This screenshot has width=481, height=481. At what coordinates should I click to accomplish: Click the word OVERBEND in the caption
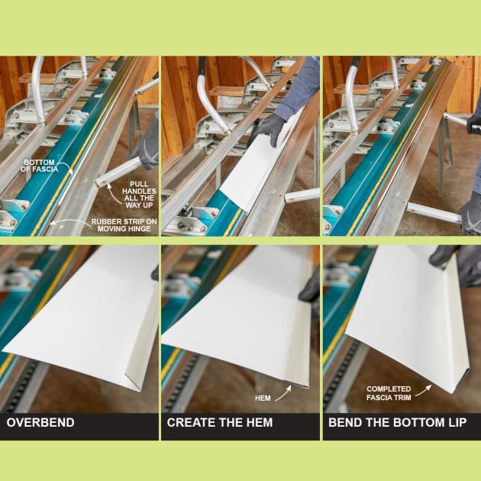pyautogui.click(x=40, y=422)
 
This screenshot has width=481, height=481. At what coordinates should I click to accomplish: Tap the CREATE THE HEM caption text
pyautogui.click(x=220, y=422)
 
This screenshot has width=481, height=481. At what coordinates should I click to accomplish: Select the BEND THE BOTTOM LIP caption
pyautogui.click(x=398, y=422)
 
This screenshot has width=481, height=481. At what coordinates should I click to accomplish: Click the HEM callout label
pyautogui.click(x=263, y=399)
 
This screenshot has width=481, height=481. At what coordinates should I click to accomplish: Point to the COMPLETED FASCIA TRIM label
pyautogui.click(x=389, y=393)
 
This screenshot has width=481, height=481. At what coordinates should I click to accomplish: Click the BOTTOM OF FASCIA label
pyautogui.click(x=39, y=166)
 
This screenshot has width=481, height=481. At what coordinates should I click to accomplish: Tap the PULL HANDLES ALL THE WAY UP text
pyautogui.click(x=139, y=195)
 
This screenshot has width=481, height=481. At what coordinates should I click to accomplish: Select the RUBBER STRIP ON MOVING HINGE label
pyautogui.click(x=124, y=225)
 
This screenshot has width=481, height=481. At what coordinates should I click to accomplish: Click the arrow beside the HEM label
pyautogui.click(x=283, y=393)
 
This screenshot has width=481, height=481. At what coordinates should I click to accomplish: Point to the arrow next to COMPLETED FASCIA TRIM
pyautogui.click(x=424, y=390)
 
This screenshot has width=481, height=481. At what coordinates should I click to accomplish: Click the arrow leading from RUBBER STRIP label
pyautogui.click(x=69, y=221)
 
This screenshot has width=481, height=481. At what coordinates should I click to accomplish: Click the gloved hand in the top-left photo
pyautogui.click(x=148, y=144)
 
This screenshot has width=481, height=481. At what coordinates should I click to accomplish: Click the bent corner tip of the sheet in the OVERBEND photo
pyautogui.click(x=140, y=390)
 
